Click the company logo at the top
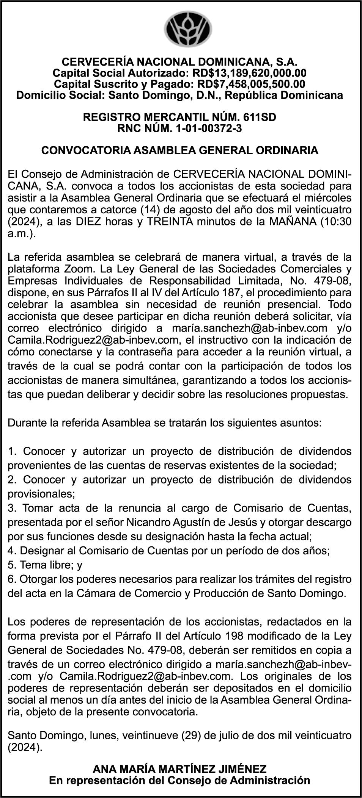188,29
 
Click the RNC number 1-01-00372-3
209,128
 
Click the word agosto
171,210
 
